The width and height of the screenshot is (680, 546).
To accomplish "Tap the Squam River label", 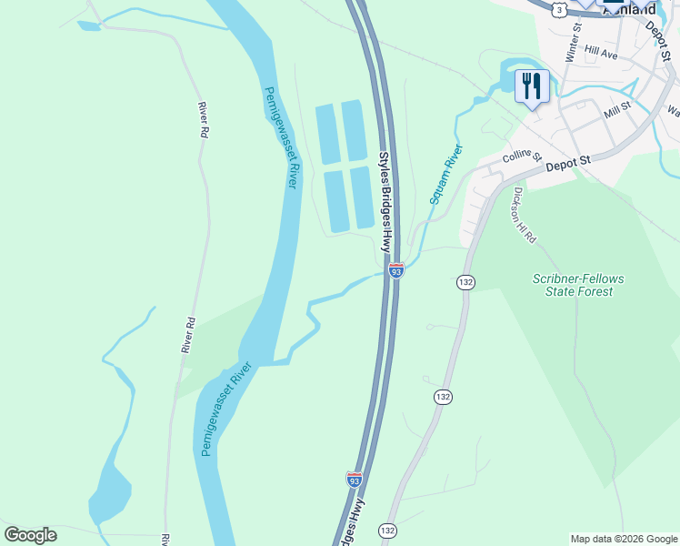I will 446,175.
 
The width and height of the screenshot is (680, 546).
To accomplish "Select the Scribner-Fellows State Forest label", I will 573,285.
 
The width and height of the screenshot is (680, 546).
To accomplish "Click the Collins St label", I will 522,159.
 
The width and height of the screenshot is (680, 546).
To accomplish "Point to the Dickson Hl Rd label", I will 525,216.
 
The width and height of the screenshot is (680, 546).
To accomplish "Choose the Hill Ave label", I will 601,55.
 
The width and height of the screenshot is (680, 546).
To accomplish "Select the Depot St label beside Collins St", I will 568,165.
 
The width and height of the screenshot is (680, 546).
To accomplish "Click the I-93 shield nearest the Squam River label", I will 395,270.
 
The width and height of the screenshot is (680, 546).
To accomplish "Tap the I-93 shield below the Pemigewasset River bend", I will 355,479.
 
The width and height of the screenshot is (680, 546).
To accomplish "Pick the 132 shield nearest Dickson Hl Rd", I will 466,283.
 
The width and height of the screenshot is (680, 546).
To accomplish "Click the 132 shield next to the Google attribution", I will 388,530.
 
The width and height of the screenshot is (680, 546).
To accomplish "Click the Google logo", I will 30,535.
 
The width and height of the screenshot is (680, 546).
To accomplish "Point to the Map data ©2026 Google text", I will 624,539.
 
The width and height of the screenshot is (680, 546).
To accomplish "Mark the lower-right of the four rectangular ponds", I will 362,197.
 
